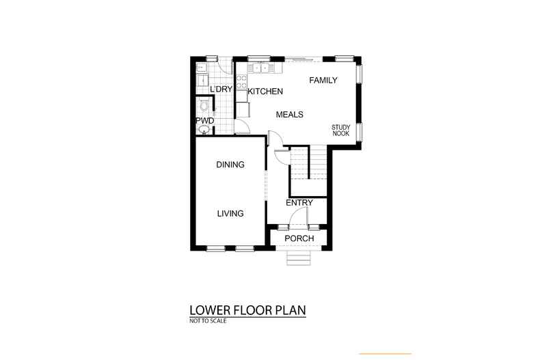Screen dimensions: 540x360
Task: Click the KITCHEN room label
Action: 265,92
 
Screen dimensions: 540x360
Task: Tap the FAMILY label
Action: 323,80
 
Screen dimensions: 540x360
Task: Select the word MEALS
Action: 290,115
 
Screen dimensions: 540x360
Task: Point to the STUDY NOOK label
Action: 341,130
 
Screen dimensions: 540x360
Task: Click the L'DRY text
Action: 221,89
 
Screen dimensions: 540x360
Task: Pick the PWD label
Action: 205,121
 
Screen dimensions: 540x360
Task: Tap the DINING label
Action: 230,165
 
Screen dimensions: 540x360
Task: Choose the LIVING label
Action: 230,213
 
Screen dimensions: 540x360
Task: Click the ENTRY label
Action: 299,203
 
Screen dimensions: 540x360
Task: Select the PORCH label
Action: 299,238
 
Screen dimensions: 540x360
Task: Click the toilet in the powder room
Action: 204,105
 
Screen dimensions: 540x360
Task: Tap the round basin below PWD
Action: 204,130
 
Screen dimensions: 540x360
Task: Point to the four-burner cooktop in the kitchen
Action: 241,81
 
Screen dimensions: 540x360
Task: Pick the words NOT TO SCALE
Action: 208,321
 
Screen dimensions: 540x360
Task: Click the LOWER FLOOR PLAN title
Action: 247,310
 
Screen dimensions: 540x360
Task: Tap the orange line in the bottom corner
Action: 386,353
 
